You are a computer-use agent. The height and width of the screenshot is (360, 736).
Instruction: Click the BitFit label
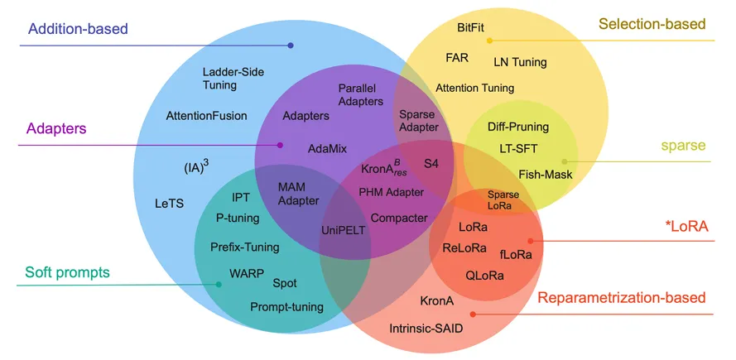point(471,27)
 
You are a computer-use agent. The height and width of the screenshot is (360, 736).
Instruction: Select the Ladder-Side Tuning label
point(219,78)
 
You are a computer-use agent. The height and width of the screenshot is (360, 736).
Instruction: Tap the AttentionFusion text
point(206,115)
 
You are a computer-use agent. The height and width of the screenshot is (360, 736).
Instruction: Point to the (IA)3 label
point(195,166)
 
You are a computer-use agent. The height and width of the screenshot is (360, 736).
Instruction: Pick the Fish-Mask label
point(546,174)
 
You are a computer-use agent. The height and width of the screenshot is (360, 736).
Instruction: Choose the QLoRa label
point(484,275)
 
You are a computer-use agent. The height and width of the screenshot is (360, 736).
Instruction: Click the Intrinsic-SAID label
point(426,329)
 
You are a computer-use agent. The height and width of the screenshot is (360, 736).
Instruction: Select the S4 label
point(431,163)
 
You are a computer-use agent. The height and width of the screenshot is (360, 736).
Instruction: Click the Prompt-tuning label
point(286,307)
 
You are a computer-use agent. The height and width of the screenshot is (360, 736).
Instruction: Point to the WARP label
point(246,273)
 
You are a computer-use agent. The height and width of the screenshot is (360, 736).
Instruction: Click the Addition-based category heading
point(78,29)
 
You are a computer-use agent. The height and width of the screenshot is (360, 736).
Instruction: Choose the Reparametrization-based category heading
point(622,298)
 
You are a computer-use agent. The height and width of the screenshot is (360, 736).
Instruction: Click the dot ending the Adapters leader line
point(280,145)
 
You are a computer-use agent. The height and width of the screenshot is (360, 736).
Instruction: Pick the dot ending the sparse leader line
point(565,161)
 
